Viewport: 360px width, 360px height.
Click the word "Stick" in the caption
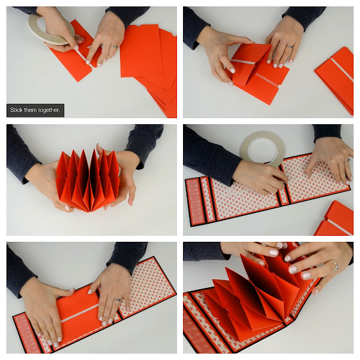pyautogui.click(x=16, y=110)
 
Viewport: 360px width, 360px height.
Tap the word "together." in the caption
pyautogui.click(x=49, y=110)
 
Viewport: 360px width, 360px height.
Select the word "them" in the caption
pyautogui.click(x=31, y=110)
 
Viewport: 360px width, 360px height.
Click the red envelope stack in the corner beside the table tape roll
pyautogui.click(x=334, y=218)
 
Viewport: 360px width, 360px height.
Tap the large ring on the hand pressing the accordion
pyautogui.click(x=334, y=266)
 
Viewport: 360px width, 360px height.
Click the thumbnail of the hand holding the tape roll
pyautogui.click(x=76, y=47)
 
